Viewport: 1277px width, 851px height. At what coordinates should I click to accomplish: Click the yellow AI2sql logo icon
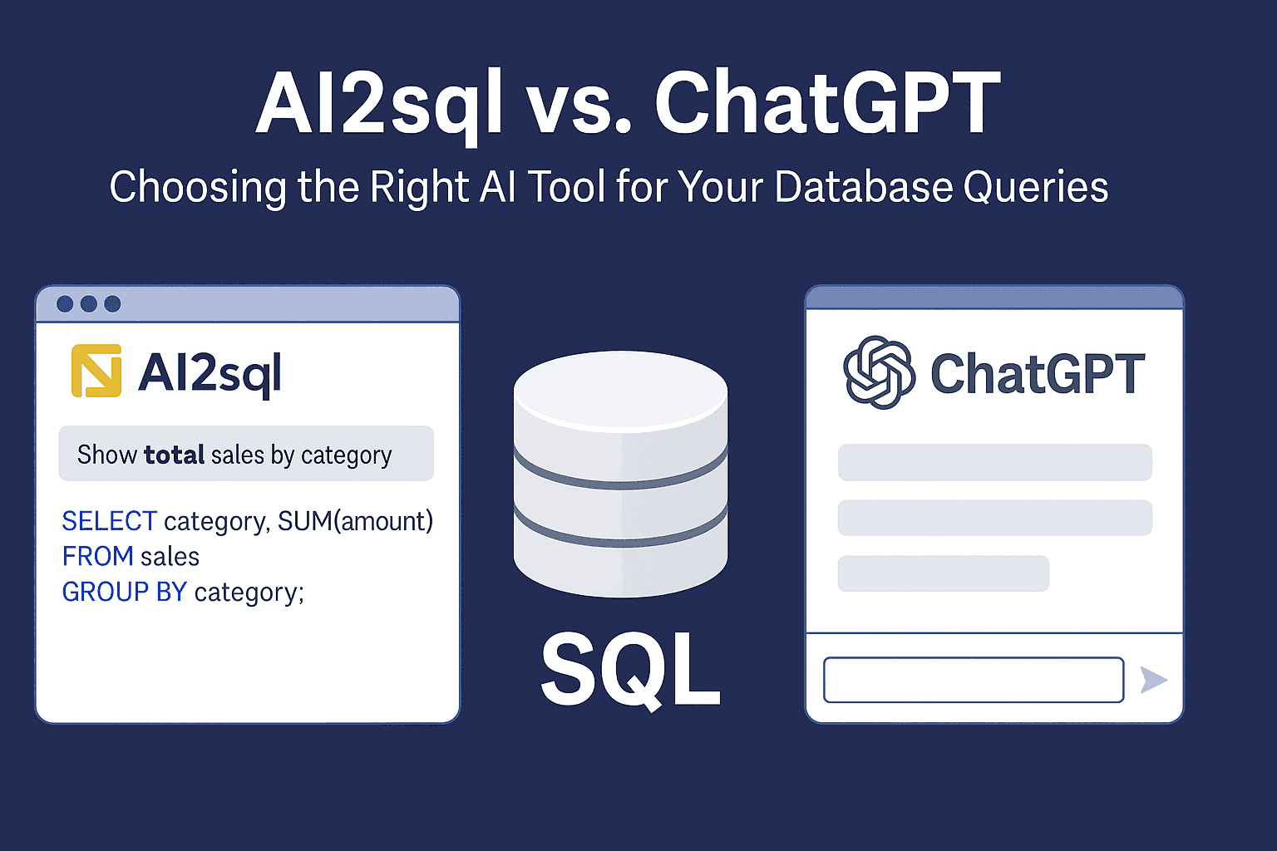click(96, 371)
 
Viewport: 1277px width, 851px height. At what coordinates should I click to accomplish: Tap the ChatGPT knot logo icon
click(879, 372)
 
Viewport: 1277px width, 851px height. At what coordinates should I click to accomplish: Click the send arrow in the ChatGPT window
click(1154, 680)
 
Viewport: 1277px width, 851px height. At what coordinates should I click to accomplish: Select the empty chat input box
click(974, 680)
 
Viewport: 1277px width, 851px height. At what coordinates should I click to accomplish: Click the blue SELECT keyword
click(110, 521)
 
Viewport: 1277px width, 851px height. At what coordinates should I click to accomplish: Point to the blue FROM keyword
click(97, 556)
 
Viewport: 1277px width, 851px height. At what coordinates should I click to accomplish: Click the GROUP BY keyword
click(124, 592)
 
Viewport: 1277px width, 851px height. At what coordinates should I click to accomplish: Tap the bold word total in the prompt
click(174, 455)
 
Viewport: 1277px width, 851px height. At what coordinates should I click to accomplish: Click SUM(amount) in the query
click(355, 521)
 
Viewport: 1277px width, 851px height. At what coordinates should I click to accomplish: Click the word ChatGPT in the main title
click(827, 102)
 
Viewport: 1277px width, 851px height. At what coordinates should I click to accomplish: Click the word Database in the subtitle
click(863, 186)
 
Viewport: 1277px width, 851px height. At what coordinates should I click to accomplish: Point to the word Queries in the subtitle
click(1036, 188)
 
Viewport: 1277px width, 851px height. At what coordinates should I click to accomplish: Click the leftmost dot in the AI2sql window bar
click(65, 304)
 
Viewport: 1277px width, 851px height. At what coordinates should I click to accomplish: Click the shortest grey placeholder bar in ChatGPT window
click(943, 573)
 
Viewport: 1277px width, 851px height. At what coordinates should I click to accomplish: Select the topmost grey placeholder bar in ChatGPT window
click(995, 462)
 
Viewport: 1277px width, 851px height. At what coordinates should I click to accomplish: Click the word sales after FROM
click(170, 557)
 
